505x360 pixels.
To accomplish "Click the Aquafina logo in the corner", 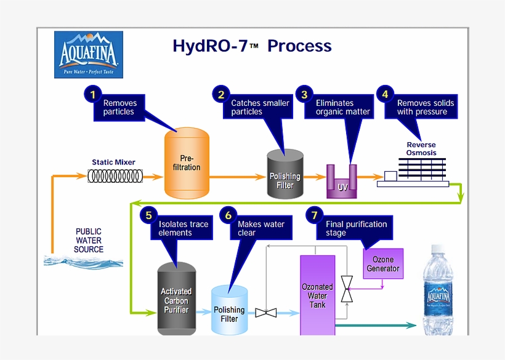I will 88,55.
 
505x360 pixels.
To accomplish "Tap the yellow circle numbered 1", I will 92,94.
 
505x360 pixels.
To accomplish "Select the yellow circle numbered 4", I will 385,94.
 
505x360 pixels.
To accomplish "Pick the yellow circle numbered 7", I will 314,215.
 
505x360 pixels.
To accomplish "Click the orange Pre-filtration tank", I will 187,163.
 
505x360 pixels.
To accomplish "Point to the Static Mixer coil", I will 114,177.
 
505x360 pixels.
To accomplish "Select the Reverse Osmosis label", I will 421,148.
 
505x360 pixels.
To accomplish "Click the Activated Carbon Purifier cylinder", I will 176,300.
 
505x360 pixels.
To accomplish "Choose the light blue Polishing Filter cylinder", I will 229,311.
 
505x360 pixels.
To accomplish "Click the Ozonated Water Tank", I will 317,295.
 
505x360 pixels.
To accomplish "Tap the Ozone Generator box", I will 383,264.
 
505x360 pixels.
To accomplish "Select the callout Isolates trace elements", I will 183,228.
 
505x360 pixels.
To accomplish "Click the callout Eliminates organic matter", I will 342,107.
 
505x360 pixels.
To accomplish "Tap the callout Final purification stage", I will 357,228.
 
